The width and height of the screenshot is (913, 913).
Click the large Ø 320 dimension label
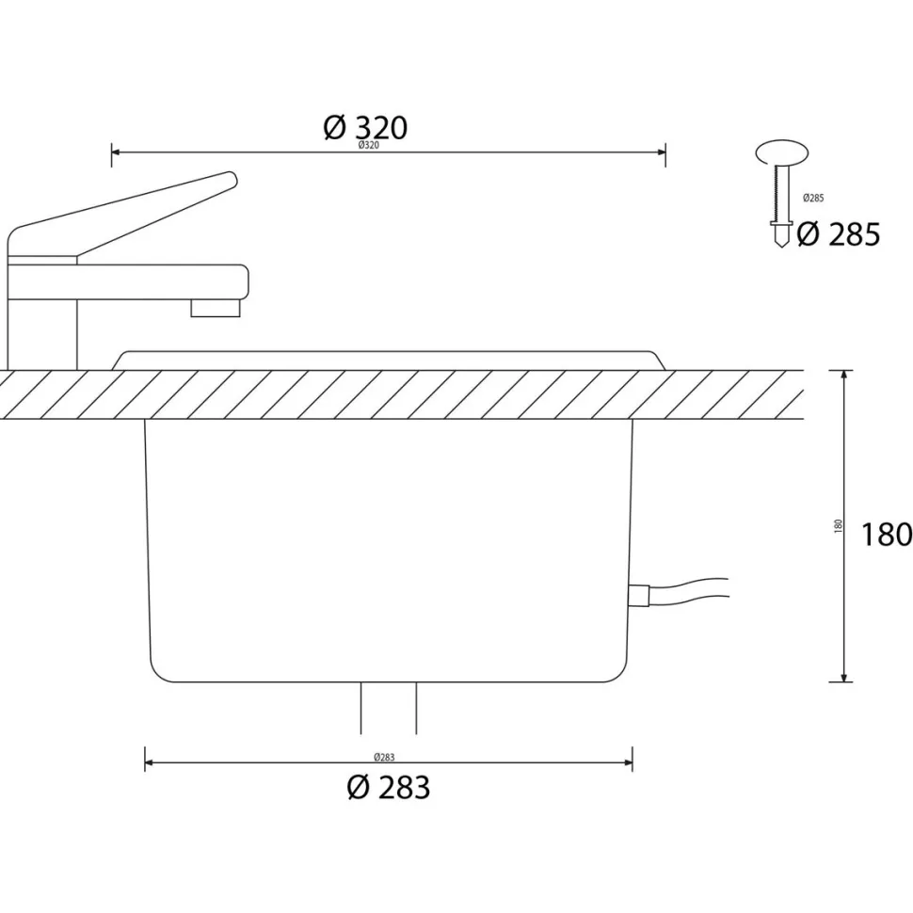[x=365, y=127]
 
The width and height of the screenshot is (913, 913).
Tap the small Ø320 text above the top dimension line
[x=369, y=146]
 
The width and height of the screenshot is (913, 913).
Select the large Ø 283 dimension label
[x=389, y=788]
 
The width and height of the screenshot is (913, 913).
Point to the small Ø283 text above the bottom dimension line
[x=384, y=758]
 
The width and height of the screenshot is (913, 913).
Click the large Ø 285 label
[x=839, y=234]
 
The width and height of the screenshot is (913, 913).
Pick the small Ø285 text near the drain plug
[x=813, y=198]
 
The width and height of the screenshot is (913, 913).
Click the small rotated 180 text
[x=839, y=526]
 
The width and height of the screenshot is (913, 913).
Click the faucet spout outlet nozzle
[x=216, y=308]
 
